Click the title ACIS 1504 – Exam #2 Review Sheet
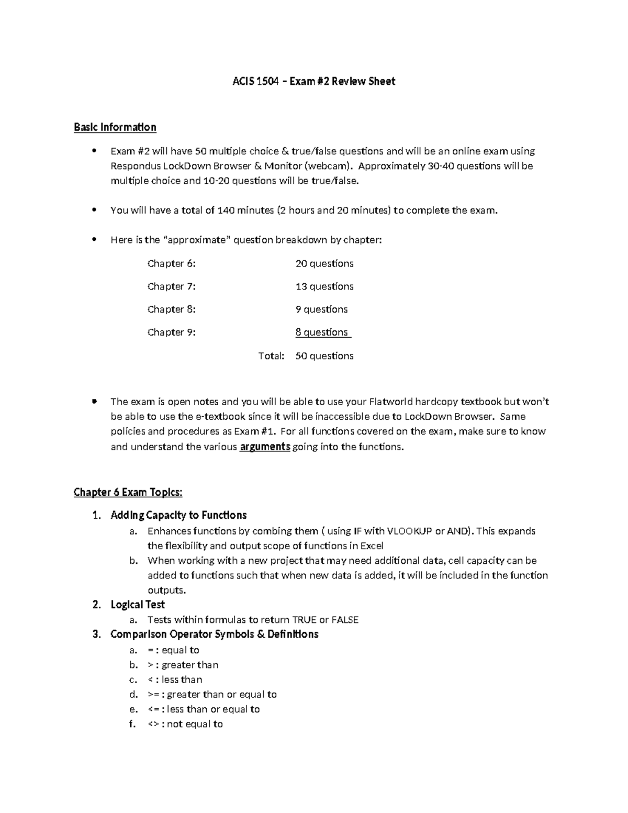coord(313,81)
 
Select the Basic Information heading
coord(115,127)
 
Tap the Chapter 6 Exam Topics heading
coord(128,492)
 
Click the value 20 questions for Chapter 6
coord(324,263)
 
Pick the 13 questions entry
coord(324,286)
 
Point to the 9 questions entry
coord(321,309)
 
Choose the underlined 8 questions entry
coord(322,332)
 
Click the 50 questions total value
coord(324,356)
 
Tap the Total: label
coord(271,356)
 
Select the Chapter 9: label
coord(171,332)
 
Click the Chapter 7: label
coord(171,286)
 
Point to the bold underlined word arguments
coord(265,447)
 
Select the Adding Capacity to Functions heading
coord(178,515)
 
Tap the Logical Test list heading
coord(138,605)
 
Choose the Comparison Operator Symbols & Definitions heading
coord(214,634)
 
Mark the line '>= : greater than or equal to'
coord(212,695)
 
